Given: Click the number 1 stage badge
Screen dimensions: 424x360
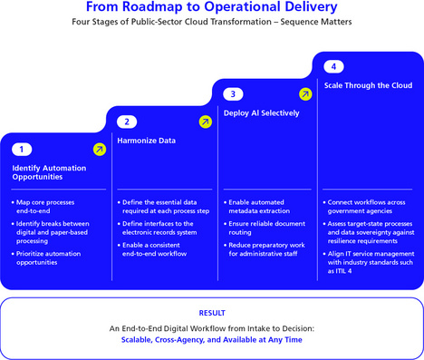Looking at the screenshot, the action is pos(22,150).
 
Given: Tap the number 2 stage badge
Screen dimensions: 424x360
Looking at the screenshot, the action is pos(127,122).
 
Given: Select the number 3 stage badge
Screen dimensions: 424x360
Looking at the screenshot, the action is pos(233,94).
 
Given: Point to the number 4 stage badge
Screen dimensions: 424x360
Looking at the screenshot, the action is pos(333,66).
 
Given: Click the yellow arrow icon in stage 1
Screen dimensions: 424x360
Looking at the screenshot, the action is pos(100,150).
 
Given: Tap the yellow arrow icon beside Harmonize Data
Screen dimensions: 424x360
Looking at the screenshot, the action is pos(206,122).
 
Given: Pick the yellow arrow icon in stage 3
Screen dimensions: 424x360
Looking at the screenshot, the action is pos(305,94).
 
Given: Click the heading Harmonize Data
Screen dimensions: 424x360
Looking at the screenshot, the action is pos(147,141).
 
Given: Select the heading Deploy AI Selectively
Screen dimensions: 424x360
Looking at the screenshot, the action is pos(262,113).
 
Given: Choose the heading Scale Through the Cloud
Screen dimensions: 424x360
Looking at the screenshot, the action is pos(368,85).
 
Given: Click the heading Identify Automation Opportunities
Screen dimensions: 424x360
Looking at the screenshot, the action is pos(49,172).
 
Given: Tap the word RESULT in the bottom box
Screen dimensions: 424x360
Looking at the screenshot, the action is pos(212,313).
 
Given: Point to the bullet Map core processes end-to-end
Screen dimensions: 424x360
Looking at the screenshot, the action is pos(43,207).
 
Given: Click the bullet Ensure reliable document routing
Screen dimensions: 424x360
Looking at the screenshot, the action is pos(265,229).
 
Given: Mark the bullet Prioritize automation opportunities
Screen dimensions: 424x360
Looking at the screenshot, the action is pos(46,258).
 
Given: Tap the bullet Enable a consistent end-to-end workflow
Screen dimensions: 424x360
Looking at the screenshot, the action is pos(152,249).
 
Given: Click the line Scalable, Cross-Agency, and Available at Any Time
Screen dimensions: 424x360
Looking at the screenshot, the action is pos(212,340).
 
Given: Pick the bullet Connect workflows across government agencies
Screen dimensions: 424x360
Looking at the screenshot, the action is pos(364,207).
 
